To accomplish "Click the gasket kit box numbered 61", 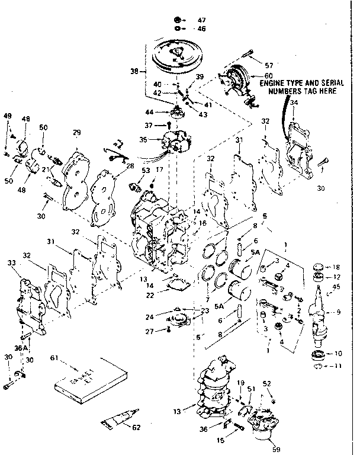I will pos(92,379).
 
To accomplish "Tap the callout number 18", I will pos(337,268).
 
